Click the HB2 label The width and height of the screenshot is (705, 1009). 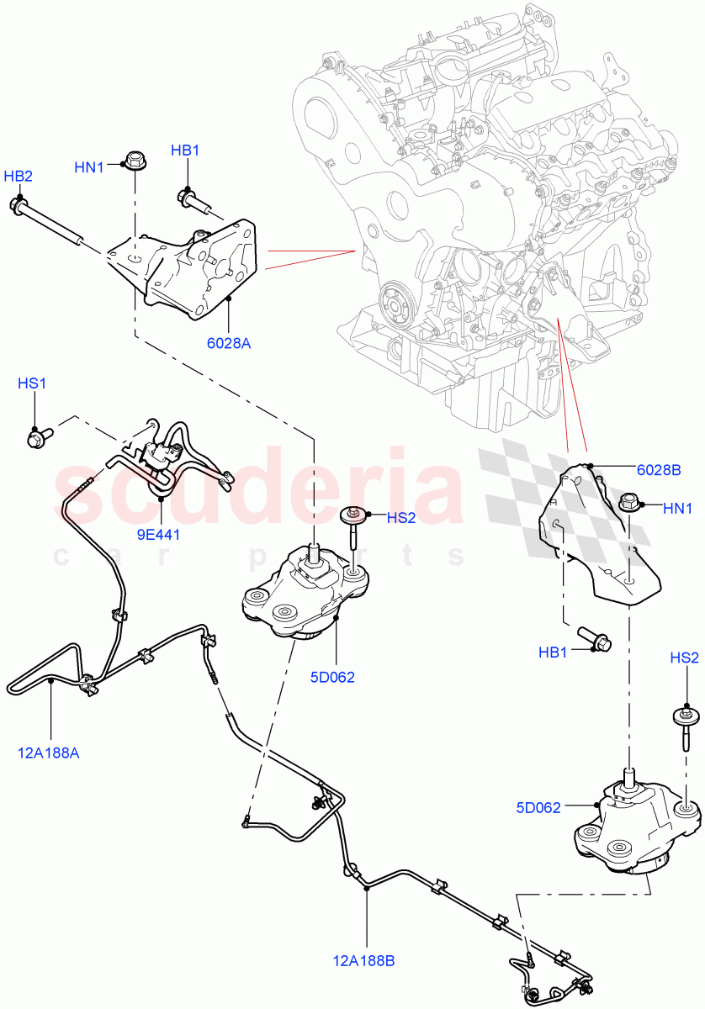tap(18, 177)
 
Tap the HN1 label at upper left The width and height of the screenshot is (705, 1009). tap(89, 167)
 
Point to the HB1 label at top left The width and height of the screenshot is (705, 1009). tap(185, 151)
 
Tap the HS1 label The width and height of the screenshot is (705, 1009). tap(32, 383)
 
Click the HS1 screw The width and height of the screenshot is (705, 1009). tap(39, 436)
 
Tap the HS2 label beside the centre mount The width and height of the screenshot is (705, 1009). tap(401, 518)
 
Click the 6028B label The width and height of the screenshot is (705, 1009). tap(658, 470)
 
